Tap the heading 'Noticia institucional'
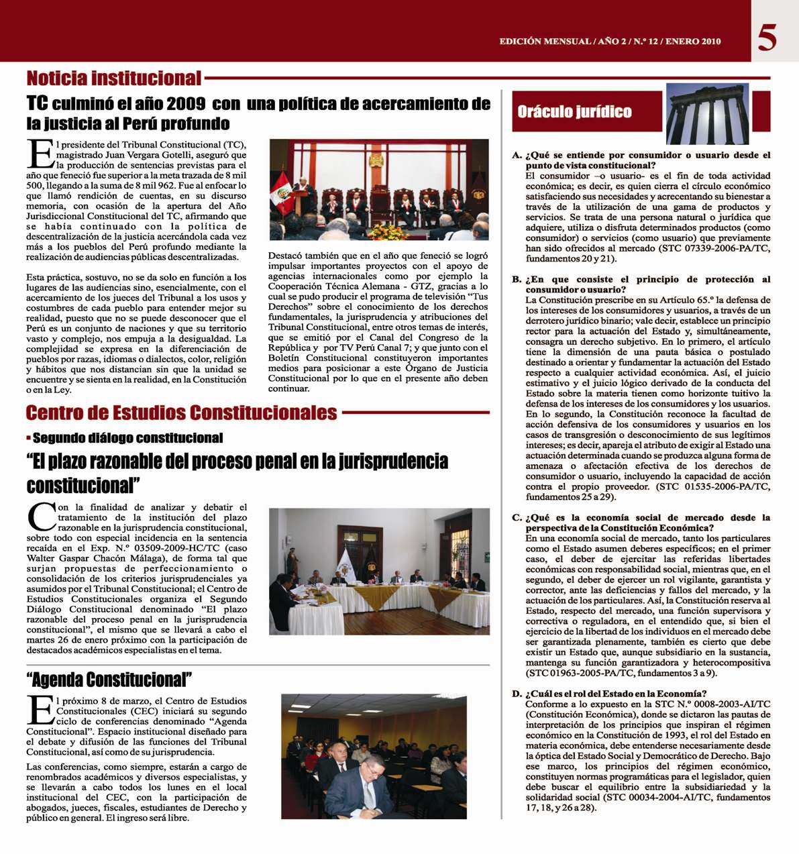[x=113, y=78]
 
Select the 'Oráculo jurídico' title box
[x=575, y=112]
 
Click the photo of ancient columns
[x=707, y=114]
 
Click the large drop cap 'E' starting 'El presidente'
[x=40, y=154]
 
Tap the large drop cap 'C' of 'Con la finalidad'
[x=41, y=517]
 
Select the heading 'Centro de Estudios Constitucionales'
[x=181, y=412]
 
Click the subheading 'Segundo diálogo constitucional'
[x=127, y=438]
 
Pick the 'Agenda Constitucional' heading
[x=109, y=680]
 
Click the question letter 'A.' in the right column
[x=517, y=156]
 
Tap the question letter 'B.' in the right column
[x=517, y=280]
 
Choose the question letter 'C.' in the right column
[x=517, y=518]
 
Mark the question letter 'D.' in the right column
[x=517, y=694]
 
